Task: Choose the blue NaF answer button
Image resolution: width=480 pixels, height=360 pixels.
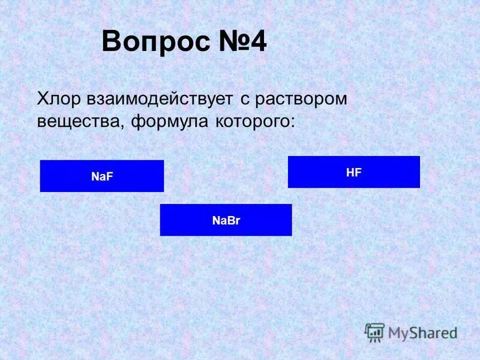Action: (x=102, y=176)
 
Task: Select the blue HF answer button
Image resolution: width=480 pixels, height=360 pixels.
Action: (x=354, y=172)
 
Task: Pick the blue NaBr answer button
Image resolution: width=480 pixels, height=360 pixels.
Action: (x=226, y=220)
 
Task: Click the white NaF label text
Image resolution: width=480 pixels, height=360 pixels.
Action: (x=102, y=176)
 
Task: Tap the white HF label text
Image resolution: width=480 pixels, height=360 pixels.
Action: (x=354, y=172)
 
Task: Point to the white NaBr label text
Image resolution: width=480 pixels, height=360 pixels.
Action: (x=226, y=220)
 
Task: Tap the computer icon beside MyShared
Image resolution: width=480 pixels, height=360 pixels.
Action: (x=375, y=332)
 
